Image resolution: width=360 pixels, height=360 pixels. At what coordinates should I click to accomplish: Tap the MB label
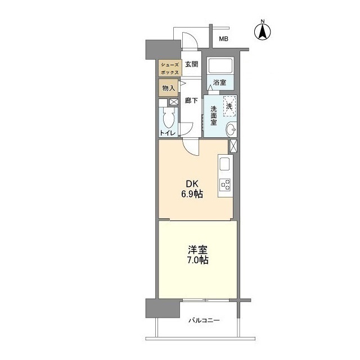223,39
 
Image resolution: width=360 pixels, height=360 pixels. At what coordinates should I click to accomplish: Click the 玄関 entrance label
191,65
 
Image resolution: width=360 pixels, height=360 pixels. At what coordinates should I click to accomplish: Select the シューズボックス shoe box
169,69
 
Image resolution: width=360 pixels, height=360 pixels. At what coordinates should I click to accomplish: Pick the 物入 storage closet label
169,88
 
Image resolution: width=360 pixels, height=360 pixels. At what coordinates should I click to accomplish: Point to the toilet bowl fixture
168,118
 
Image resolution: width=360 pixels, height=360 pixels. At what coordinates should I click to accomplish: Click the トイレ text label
168,133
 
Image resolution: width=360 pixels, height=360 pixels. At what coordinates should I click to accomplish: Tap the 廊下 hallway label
191,101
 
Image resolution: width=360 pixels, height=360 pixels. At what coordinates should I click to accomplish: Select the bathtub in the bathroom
220,66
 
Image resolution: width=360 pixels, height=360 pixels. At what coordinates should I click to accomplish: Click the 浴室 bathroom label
219,83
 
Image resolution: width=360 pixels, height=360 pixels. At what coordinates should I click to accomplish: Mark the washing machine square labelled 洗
229,105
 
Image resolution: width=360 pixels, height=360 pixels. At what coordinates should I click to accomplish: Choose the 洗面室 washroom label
214,114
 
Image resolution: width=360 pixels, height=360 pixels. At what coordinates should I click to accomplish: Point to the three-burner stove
224,184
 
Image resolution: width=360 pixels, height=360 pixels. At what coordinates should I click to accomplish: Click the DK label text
192,183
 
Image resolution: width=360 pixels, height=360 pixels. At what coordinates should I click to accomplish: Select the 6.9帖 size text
192,194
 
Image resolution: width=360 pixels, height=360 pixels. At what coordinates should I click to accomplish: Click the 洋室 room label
196,249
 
